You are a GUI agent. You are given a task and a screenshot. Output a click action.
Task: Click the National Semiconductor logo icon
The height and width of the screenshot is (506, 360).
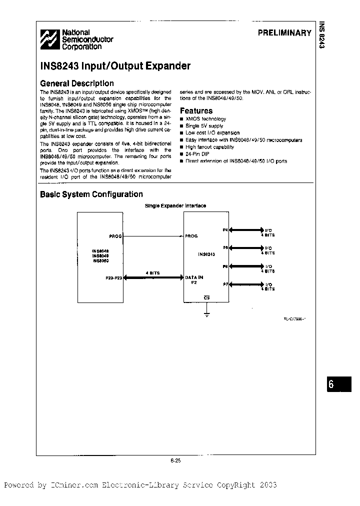49,39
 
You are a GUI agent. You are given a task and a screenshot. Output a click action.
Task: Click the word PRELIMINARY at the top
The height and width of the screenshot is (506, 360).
284,33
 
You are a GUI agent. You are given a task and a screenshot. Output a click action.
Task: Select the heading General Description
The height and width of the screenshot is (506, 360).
76,83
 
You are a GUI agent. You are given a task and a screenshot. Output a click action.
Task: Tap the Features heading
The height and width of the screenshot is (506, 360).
196,110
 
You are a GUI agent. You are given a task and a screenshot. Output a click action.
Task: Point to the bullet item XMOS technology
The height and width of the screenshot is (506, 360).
205,119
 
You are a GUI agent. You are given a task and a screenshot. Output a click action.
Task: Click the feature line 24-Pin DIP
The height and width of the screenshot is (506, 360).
199,154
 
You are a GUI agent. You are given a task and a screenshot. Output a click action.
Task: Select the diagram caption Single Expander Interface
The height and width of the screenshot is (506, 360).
175,205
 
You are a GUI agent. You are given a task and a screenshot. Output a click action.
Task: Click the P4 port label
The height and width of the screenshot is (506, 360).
225,229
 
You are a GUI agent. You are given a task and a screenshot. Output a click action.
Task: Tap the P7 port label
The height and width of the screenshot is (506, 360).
225,284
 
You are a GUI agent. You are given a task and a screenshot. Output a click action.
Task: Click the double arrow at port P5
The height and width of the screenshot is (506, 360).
246,248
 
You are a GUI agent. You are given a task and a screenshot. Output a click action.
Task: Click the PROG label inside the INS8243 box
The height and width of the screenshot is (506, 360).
191,236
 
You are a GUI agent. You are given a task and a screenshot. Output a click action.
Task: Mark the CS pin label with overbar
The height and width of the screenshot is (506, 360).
206,298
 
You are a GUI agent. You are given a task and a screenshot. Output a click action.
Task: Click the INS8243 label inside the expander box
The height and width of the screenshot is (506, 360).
206,254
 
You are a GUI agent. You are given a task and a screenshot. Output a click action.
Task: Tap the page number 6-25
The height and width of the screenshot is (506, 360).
175,461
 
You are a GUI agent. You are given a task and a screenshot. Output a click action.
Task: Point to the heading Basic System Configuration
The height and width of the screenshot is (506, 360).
91,194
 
